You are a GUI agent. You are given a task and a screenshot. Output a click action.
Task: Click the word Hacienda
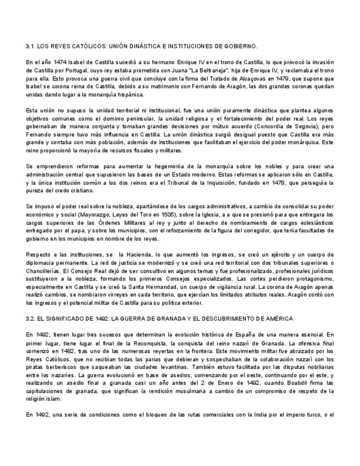pyautogui.click(x=145, y=255)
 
